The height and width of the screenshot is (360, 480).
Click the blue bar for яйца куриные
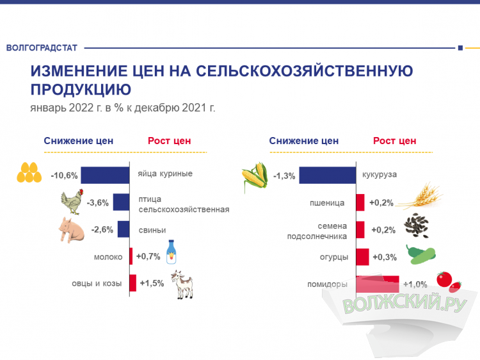106,175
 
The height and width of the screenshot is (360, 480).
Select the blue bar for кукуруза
328,175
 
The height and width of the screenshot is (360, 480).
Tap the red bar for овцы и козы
132,282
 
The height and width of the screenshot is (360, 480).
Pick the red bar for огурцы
362,257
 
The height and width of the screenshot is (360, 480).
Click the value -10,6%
64,176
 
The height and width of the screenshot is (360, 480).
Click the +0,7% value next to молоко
148,257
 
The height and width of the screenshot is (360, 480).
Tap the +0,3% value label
384,258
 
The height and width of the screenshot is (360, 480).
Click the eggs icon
29,173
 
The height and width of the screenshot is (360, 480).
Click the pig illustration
72,229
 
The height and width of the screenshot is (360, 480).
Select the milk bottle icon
171,252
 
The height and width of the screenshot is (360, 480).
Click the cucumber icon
420,254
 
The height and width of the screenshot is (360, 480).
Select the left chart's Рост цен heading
169,141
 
